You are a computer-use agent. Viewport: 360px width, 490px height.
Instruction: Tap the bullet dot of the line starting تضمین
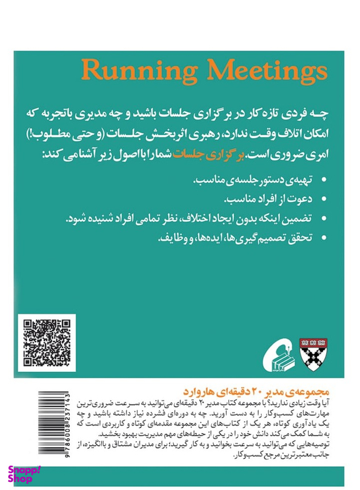323,221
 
